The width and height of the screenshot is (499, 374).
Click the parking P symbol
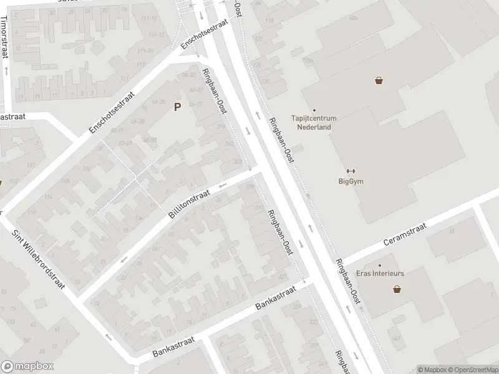[177, 107]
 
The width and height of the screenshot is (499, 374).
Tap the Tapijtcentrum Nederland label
[314, 122]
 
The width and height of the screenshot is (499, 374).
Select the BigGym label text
[350, 181]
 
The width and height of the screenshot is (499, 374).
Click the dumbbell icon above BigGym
[350, 171]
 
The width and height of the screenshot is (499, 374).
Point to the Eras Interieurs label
[380, 274]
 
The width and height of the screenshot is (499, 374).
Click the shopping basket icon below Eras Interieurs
[397, 289]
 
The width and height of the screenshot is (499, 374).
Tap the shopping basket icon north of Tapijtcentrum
[379, 80]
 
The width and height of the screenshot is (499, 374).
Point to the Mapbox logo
[27, 367]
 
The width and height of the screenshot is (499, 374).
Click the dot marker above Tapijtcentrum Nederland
[314, 110]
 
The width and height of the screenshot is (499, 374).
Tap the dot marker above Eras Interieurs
[379, 266]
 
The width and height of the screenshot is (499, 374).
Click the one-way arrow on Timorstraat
[6, 70]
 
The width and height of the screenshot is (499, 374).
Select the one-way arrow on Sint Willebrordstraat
[109, 337]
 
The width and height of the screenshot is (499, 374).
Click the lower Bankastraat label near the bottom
[174, 347]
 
